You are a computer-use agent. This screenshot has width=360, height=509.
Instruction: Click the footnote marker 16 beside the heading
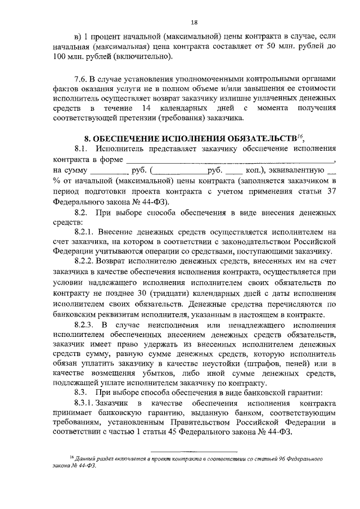pos(300,136)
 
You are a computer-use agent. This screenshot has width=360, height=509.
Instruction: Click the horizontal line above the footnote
pos(195,451)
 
